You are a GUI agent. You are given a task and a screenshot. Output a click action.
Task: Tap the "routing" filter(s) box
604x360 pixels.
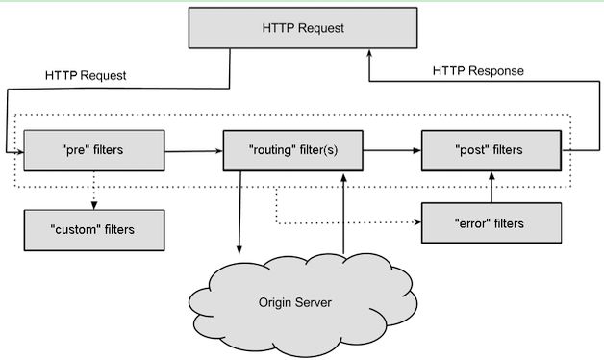pos(292,150)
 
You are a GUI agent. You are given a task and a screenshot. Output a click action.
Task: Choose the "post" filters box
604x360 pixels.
pos(490,150)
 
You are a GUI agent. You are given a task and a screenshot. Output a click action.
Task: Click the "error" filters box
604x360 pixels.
pos(490,222)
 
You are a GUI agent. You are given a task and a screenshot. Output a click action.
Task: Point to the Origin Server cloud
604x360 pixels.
pos(294,302)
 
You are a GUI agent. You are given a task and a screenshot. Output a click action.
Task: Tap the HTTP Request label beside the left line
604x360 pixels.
pos(86,74)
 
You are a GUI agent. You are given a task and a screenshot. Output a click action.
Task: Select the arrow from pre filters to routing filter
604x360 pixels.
pos(192,150)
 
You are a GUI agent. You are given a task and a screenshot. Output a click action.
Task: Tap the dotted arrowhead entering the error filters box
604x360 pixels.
pos(417,222)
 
